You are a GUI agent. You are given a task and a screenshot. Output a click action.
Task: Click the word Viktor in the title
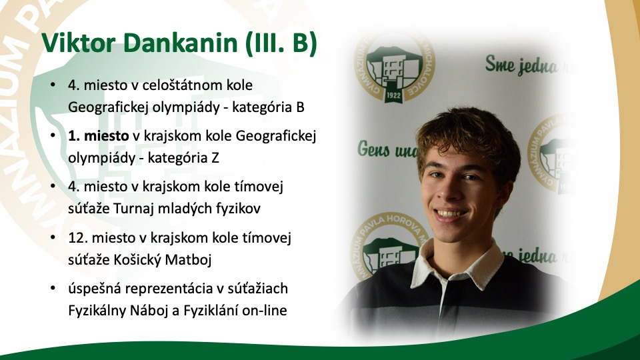[79, 43]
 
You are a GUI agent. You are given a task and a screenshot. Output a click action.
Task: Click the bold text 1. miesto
[99, 135]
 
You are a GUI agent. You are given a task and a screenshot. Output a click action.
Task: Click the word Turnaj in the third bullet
[133, 209]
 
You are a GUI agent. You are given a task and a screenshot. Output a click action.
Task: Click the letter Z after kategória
[215, 158]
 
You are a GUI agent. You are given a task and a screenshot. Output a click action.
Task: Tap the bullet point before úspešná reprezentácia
[53, 289]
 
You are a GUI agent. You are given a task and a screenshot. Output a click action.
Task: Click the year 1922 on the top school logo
[393, 96]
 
